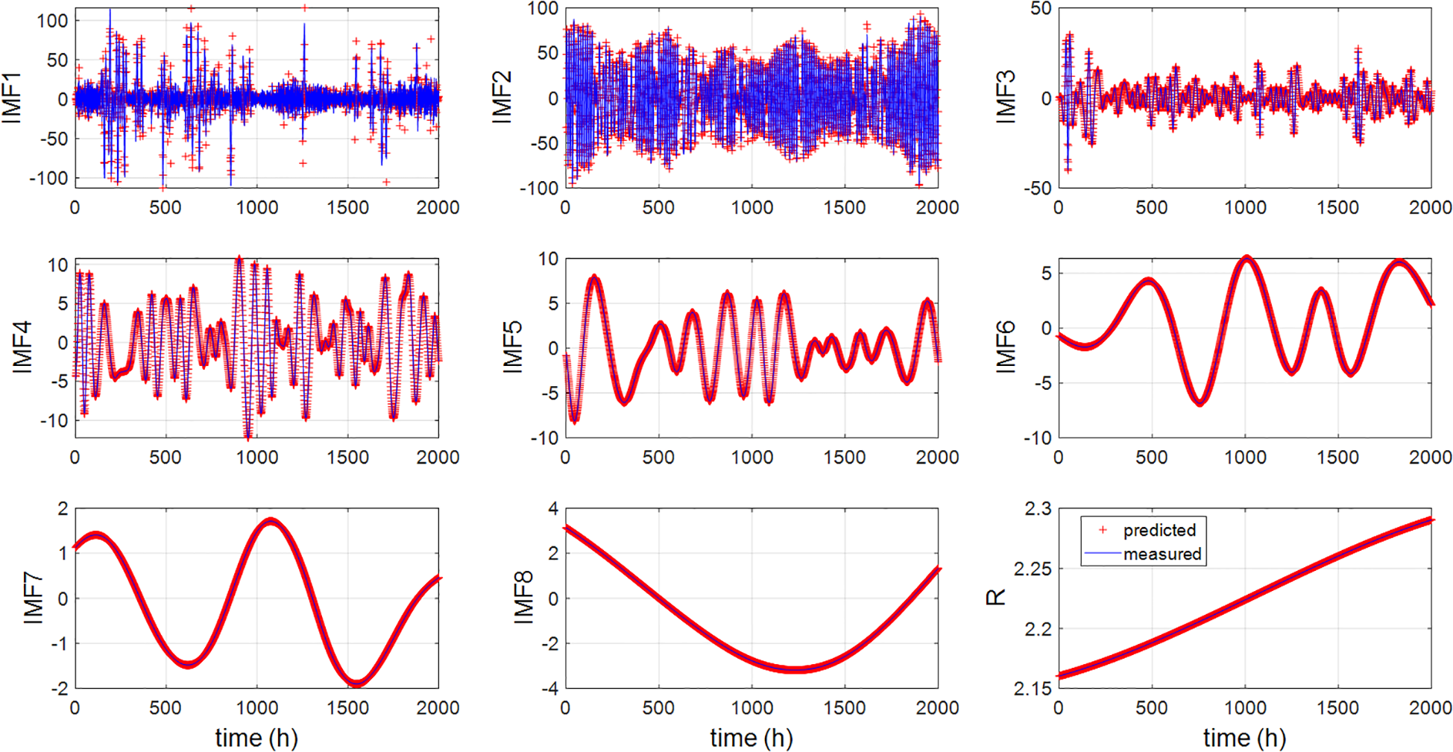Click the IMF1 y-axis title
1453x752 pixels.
tap(12, 98)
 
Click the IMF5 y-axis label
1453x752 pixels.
tap(512, 347)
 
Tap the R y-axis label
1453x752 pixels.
tap(997, 597)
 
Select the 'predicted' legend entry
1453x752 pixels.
tap(1159, 530)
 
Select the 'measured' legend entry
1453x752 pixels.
tap(1162, 554)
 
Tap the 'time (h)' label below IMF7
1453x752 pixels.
tap(256, 738)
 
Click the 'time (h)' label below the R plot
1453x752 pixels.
tap(1244, 738)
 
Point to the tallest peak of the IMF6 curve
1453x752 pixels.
tap(1246, 259)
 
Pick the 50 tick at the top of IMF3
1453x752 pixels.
tap(1041, 9)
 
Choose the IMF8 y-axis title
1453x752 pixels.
tap(524, 597)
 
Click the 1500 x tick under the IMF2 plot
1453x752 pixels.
tap(844, 207)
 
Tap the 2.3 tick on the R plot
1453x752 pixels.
tap(1038, 509)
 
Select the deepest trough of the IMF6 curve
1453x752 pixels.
tap(1200, 402)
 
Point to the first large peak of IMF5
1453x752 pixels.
tap(594, 278)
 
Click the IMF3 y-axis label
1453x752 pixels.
tap(1006, 98)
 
